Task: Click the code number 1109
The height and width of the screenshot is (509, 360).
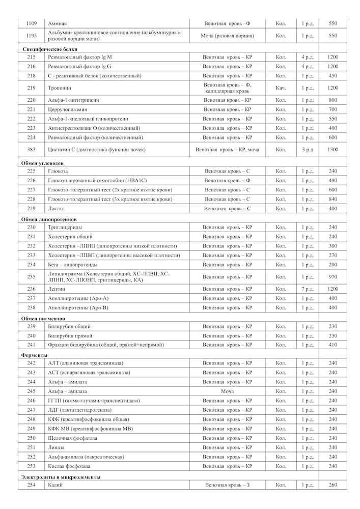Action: pos(32,23)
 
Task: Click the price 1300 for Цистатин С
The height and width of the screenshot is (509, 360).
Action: pos(333,150)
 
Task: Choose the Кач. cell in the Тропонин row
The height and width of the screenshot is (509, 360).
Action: pos(281,88)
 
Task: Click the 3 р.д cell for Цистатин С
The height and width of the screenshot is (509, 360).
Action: pos(307,150)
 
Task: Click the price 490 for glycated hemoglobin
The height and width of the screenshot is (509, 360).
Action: pos(333,181)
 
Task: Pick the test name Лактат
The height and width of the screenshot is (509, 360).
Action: pos(56,209)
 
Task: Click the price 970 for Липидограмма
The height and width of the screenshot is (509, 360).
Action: pos(333,277)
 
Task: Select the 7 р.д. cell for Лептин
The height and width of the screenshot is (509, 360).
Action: pos(307,289)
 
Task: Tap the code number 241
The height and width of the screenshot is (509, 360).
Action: pos(32,345)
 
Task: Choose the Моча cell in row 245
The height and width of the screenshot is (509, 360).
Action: pos(227,391)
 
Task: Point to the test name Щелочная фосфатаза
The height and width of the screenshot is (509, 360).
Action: pos(72,438)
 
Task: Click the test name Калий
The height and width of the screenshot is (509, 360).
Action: pos(55,485)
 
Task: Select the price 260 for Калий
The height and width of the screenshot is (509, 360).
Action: pos(333,485)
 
